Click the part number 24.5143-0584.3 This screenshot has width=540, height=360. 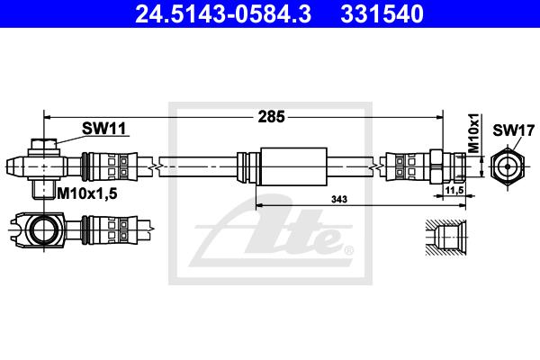tap(223, 13)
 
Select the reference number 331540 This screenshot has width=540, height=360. tap(382, 13)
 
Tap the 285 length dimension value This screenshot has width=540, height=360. tap(272, 117)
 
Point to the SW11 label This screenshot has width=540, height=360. tap(104, 129)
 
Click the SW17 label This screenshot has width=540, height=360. tap(513, 130)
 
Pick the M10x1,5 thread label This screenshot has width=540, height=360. tap(87, 193)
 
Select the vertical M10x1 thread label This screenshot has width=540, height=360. tap(474, 133)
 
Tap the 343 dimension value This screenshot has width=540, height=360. tap(339, 199)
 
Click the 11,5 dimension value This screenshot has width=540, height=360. tap(454, 190)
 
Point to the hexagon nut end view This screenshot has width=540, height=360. tap(508, 166)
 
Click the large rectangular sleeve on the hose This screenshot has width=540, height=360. tap(293, 166)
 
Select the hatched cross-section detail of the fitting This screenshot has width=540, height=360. tap(445, 238)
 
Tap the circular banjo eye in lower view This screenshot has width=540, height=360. tap(44, 229)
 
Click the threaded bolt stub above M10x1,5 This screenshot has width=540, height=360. tap(44, 189)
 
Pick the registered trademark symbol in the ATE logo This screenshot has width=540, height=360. tap(348, 250)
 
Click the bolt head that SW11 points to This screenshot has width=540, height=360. tap(44, 144)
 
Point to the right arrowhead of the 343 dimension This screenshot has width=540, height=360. tap(462, 206)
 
